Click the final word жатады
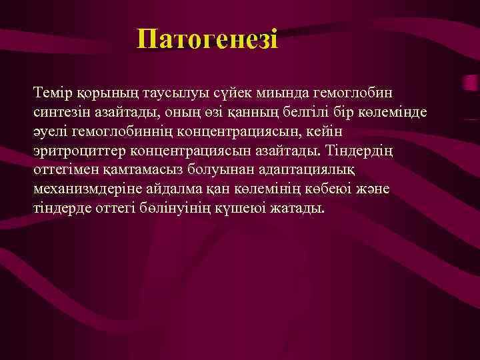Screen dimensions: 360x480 (x=298, y=209)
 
